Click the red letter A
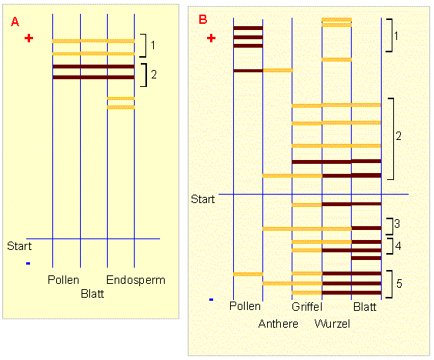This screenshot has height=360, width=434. point(15,22)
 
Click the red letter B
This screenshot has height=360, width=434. point(203,19)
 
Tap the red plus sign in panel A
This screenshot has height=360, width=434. point(28,38)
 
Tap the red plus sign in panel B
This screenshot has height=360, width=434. point(211,38)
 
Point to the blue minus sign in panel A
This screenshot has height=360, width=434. point(28,263)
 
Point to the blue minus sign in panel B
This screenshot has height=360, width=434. point(211,299)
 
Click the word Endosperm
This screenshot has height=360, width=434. point(135,280)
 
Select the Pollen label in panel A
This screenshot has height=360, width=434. point(63,280)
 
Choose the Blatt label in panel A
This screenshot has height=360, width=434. point(92,294)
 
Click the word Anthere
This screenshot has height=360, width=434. point(278,324)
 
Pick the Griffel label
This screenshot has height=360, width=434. point(307,307)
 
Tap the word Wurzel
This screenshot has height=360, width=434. point(332,324)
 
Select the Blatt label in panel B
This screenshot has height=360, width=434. point(365,307)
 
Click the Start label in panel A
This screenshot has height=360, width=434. point(19,246)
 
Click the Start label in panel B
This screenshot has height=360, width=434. point(203,199)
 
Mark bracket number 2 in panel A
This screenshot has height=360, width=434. point(144,75)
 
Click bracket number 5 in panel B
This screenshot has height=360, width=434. point(389,284)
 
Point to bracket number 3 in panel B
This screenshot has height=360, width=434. point(390,226)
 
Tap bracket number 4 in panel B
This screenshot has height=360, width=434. point(390,246)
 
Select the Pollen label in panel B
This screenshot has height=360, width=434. point(245,306)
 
